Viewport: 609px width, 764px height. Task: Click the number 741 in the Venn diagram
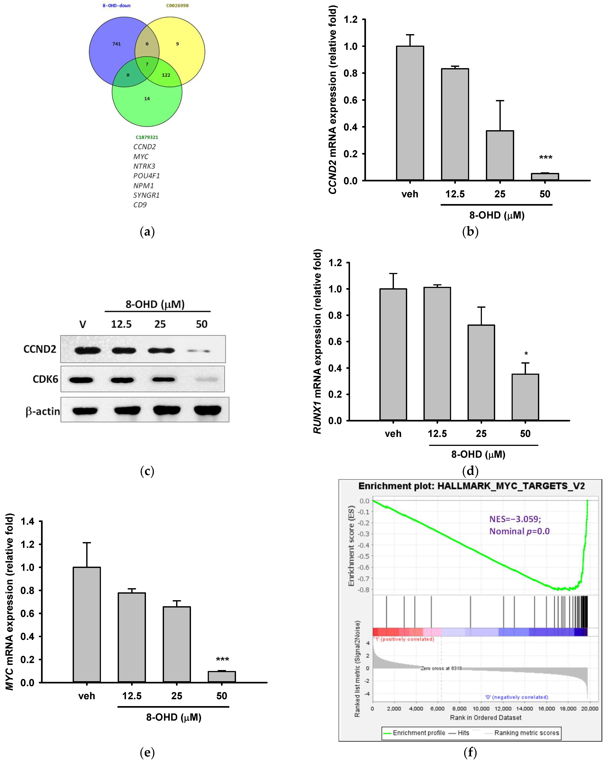pos(116,44)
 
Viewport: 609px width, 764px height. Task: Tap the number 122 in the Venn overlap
pos(166,75)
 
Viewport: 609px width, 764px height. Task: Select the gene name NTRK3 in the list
pos(144,166)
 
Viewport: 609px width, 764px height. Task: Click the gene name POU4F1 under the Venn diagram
pos(146,176)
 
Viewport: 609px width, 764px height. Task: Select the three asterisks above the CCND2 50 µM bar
pos(545,157)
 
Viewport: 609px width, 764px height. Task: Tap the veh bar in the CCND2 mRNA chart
pos(410,113)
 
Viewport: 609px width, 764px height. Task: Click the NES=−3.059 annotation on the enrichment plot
pos(515,519)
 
